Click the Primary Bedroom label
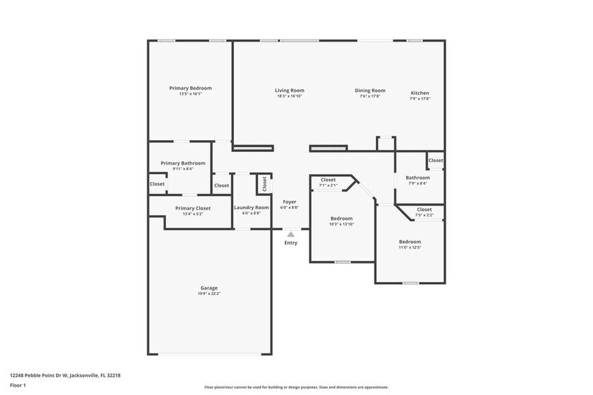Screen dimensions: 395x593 click(190, 88)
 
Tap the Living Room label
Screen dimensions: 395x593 click(289, 91)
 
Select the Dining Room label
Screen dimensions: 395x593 click(370, 91)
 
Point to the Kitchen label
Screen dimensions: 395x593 click(420, 93)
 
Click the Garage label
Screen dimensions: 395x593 click(208, 288)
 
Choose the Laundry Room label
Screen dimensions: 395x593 click(251, 208)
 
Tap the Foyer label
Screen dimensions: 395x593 click(289, 202)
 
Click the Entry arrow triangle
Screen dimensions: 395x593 click(290, 234)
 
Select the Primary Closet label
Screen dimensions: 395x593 click(193, 208)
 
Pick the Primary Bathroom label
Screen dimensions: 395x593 click(183, 163)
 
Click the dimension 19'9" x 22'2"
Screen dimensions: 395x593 click(208, 294)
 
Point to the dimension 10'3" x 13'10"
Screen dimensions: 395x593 click(342, 224)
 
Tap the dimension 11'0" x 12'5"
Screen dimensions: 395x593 click(409, 247)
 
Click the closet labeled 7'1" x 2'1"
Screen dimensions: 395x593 click(328, 182)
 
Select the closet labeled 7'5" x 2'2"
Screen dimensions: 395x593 click(424, 212)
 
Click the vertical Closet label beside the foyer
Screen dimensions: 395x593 click(264, 183)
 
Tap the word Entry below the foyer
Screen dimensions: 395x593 click(290, 243)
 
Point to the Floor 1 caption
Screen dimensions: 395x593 click(18, 385)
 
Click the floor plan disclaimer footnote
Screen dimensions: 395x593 click(296, 387)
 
